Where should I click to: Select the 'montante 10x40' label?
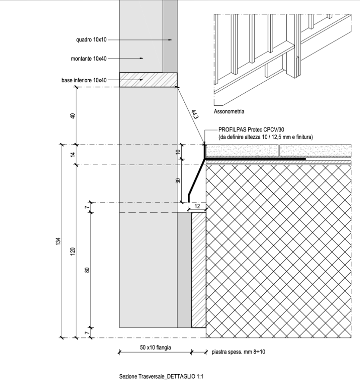point(88,58)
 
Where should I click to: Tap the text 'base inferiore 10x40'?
point(84,80)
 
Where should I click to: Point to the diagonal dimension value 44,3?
point(195,115)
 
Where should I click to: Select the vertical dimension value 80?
point(87,270)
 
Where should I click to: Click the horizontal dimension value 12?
point(197,207)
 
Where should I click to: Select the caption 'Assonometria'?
point(229,112)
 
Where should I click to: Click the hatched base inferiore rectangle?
point(148,80)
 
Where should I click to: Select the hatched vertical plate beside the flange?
point(199,270)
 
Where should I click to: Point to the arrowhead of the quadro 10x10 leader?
point(171,40)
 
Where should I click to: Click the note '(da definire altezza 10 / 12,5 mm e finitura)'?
point(259,137)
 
